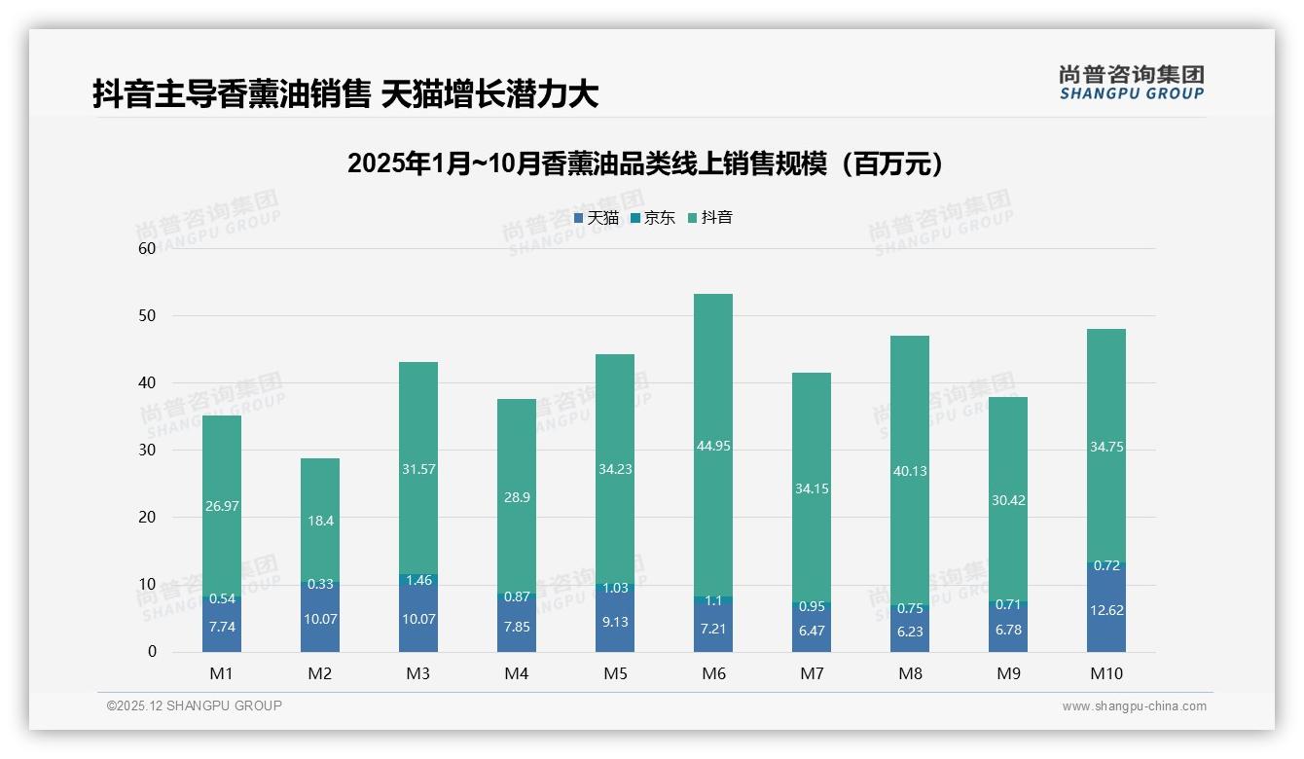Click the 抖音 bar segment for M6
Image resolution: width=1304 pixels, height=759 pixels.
pyautogui.click(x=712, y=389)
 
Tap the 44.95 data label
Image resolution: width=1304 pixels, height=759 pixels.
pyautogui.click(x=712, y=446)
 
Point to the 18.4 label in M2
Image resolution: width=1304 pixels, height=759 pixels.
pyautogui.click(x=320, y=521)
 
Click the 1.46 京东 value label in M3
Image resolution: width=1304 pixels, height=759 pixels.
pyautogui.click(x=418, y=581)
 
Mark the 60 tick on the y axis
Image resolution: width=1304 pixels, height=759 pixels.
pyautogui.click(x=147, y=248)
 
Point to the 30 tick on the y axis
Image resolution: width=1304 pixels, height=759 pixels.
pyautogui.click(x=147, y=450)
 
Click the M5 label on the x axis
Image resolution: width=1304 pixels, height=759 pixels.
pyautogui.click(x=615, y=673)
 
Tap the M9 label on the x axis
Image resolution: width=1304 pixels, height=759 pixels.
pyautogui.click(x=1007, y=673)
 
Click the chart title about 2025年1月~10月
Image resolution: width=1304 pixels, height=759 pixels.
pyautogui.click(x=645, y=163)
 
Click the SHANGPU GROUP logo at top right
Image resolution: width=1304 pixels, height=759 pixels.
pyautogui.click(x=1131, y=83)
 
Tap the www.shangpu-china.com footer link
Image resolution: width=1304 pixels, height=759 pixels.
pyautogui.click(x=1134, y=706)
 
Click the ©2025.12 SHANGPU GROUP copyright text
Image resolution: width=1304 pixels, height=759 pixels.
pyautogui.click(x=195, y=706)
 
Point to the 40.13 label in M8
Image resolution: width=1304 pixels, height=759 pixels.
pyautogui.click(x=909, y=471)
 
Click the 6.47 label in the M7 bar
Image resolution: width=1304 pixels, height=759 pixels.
pyautogui.click(x=811, y=631)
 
